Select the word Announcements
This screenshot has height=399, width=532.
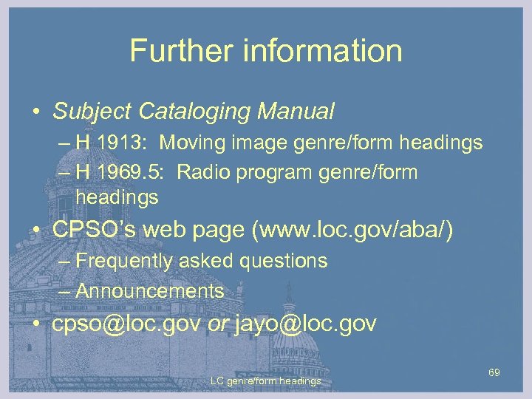pos(149,291)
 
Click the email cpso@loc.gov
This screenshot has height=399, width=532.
pos(126,324)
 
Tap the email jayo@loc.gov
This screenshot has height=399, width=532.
pos(305,324)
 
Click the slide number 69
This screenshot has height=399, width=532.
pos(494,373)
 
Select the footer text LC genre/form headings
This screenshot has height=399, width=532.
pos(265,381)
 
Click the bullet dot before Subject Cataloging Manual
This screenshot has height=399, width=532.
pos(35,112)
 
